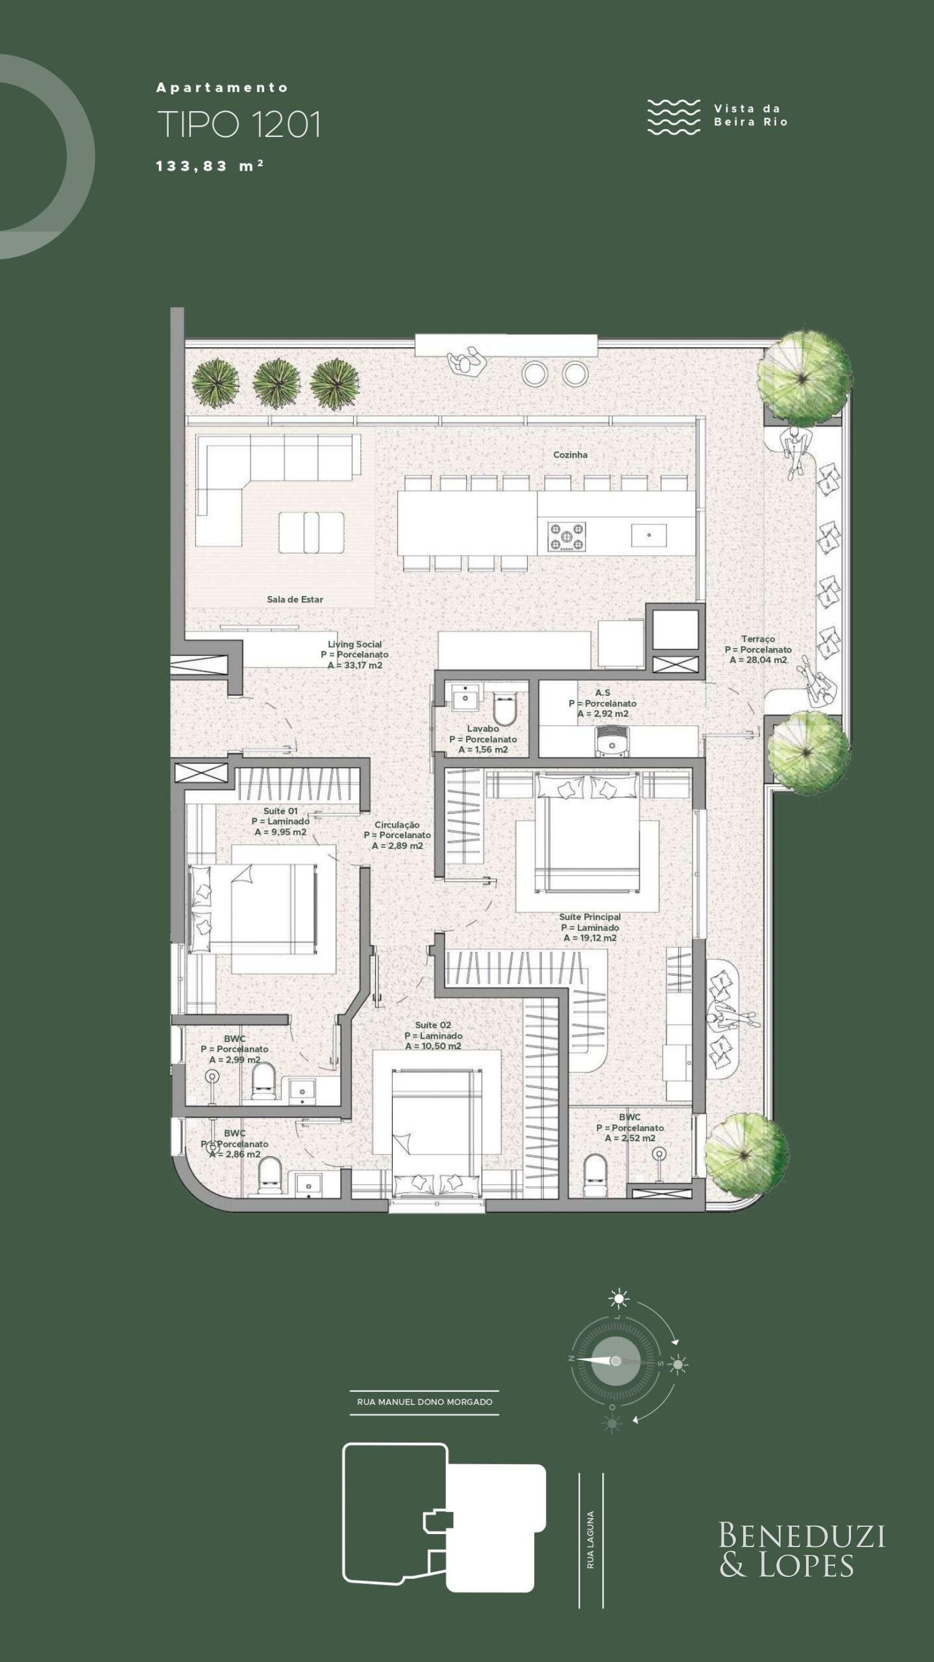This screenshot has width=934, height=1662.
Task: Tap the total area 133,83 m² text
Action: [210, 166]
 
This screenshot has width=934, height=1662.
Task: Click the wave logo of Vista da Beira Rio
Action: [674, 117]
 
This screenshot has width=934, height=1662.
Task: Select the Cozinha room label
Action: [570, 454]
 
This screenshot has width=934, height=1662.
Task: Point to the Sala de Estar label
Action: [295, 599]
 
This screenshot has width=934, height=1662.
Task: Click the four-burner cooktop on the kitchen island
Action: [567, 536]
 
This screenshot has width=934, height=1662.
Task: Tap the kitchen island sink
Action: [648, 535]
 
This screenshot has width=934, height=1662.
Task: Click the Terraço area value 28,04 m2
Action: [757, 660]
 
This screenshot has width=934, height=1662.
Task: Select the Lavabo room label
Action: [482, 728]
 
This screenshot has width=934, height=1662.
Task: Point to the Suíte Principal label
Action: [589, 917]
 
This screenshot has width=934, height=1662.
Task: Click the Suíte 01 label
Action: [280, 811]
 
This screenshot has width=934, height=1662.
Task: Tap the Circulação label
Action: [397, 825]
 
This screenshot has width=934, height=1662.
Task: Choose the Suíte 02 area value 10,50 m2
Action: [433, 1046]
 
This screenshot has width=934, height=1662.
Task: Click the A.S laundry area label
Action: [602, 693]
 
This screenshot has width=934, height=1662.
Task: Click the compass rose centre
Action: [615, 1361]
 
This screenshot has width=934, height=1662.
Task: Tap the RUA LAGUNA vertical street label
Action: [590, 1530]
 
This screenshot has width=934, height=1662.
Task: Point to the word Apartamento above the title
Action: [222, 87]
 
